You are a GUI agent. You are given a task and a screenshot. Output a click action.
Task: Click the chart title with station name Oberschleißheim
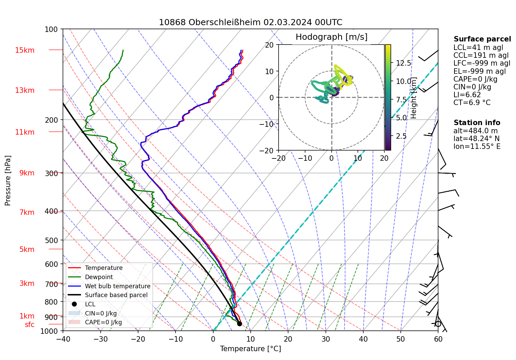pos(250,22)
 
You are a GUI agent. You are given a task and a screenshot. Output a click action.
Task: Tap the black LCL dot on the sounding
pos(239,324)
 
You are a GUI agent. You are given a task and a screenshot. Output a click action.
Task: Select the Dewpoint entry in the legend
pos(99,277)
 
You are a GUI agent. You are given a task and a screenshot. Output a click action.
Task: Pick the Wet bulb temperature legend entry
pos(117,286)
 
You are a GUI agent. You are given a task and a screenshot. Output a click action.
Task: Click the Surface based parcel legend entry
pos(116,295)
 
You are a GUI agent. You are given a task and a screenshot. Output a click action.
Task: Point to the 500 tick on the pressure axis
pos(51,240)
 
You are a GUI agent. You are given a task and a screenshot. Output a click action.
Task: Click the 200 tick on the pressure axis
pos(51,120)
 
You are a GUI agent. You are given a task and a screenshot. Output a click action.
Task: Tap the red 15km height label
pos(24,50)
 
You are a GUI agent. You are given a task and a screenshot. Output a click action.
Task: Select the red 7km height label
pos(27,212)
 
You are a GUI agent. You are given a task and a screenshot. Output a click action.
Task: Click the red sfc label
pos(30,325)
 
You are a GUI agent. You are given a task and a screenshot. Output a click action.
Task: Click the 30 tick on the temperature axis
pos(326,339)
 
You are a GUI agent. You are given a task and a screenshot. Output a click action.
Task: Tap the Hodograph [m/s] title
pos(331,37)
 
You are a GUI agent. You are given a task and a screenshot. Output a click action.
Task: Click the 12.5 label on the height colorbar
pos(403,63)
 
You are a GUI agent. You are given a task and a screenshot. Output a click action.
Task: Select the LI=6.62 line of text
pos(467,95)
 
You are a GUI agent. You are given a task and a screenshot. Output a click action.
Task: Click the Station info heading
pos(477,123)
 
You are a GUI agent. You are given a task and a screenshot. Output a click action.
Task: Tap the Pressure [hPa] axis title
pos(8,181)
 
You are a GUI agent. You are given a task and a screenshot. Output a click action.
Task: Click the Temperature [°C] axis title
pos(250,349)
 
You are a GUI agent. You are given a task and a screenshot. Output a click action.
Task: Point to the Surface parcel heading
pos(482,39)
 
